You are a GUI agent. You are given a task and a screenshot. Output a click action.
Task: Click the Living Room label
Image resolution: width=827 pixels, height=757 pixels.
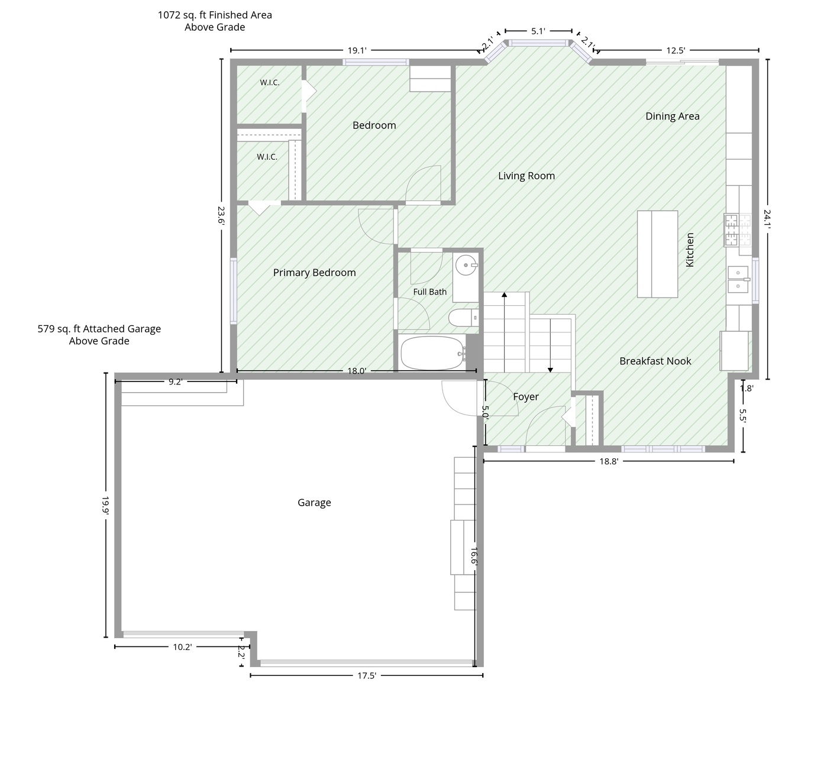[526, 176]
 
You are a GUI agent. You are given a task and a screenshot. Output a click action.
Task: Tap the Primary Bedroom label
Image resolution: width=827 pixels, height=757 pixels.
[314, 273]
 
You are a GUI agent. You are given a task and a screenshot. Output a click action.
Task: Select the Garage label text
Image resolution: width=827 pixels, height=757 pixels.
[314, 503]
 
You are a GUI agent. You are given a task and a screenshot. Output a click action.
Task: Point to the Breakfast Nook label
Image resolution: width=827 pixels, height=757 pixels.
[655, 361]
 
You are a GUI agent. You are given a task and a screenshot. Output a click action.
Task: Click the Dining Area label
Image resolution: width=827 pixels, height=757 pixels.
[673, 117]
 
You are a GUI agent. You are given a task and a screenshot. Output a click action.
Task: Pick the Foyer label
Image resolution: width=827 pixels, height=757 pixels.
[526, 397]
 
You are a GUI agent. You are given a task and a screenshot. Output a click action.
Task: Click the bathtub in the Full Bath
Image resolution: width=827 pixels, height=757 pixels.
[432, 353]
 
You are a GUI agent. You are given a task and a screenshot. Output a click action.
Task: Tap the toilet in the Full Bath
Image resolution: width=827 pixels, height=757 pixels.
[463, 318]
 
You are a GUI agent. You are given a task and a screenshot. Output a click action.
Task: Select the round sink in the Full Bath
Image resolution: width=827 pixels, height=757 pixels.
[466, 265]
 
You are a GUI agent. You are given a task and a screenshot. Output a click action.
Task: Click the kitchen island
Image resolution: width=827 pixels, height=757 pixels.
[657, 254]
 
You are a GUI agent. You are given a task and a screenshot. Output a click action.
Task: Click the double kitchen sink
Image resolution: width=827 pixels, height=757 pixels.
[738, 280]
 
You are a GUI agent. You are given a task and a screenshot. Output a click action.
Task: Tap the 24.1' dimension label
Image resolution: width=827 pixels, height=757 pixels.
[767, 218]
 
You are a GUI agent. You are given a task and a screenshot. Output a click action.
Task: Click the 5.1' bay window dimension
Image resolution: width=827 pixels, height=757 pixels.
[538, 31]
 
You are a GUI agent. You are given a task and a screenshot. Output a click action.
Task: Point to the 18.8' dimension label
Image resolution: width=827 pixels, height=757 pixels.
[609, 461]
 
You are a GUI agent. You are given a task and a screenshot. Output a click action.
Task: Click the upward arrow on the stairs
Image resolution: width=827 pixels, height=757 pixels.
[504, 332]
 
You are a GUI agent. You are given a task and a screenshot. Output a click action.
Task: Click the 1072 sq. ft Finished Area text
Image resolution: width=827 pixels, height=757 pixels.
[215, 15]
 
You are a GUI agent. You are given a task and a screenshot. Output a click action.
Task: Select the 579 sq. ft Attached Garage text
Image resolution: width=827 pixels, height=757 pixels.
[99, 329]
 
